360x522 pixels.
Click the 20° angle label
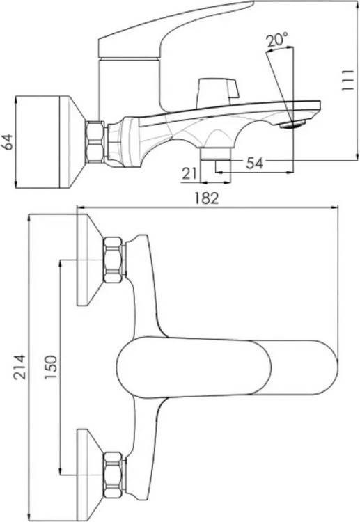click(x=277, y=40)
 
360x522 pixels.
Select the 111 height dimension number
click(x=347, y=80)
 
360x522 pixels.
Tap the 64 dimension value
click(x=7, y=142)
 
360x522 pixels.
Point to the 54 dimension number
click(x=254, y=163)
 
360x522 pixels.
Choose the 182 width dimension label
click(x=207, y=198)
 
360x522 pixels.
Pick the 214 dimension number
click(x=19, y=367)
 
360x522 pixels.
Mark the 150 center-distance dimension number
click(x=51, y=367)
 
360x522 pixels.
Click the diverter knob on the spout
click(x=218, y=93)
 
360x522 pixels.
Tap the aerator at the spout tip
click(x=292, y=124)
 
